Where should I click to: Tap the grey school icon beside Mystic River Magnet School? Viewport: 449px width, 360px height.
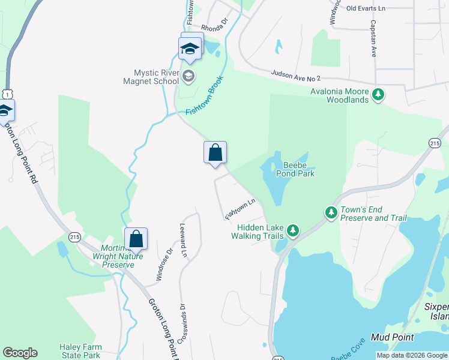(188, 76)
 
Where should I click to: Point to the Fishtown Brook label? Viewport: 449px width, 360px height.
(204, 95)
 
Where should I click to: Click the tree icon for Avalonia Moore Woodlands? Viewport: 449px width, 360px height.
(378, 94)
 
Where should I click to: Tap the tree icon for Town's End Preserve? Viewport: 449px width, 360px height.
(331, 212)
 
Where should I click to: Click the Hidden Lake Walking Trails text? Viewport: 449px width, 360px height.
(259, 232)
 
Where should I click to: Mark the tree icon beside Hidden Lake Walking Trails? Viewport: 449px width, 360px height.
(292, 230)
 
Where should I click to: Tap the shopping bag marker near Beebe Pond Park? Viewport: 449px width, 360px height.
(215, 154)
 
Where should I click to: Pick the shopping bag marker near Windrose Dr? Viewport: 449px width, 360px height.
(136, 239)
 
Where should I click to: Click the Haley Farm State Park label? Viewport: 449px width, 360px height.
(80, 351)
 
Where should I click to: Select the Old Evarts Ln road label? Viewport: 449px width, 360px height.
(382, 8)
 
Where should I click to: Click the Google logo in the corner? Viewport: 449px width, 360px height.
(20, 353)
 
